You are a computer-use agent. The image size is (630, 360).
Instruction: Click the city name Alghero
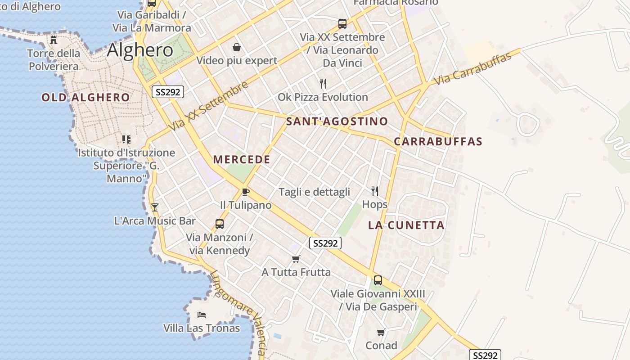[140, 50]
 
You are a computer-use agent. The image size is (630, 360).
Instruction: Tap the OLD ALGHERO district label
[85, 97]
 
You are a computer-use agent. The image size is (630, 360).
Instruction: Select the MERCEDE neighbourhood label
[242, 159]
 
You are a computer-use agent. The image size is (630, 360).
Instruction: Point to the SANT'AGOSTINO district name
[337, 121]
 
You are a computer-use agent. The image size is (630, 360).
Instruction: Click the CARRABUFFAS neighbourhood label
[438, 141]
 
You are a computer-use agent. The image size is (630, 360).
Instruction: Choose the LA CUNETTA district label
[406, 225]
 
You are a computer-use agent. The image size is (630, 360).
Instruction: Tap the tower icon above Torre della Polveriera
[54, 40]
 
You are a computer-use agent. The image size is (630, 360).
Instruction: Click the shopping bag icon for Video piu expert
[236, 47]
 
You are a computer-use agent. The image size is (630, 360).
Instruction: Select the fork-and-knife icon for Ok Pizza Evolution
[323, 83]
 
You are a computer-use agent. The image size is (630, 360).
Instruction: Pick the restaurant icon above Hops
[375, 191]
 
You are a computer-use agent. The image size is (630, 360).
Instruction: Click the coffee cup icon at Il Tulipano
[245, 192]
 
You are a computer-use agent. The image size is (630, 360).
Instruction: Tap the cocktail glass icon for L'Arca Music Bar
[155, 207]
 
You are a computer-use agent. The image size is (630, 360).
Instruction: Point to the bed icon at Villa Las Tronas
[202, 315]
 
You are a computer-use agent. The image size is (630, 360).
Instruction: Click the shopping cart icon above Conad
[381, 333]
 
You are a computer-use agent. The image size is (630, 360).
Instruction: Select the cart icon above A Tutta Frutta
[296, 259]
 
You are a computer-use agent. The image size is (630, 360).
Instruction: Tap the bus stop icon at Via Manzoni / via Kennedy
[220, 224]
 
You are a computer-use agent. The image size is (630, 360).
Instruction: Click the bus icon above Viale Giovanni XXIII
[378, 280]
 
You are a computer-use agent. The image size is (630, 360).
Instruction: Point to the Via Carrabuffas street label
[473, 69]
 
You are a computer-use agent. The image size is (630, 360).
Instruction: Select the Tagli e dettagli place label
[314, 192]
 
